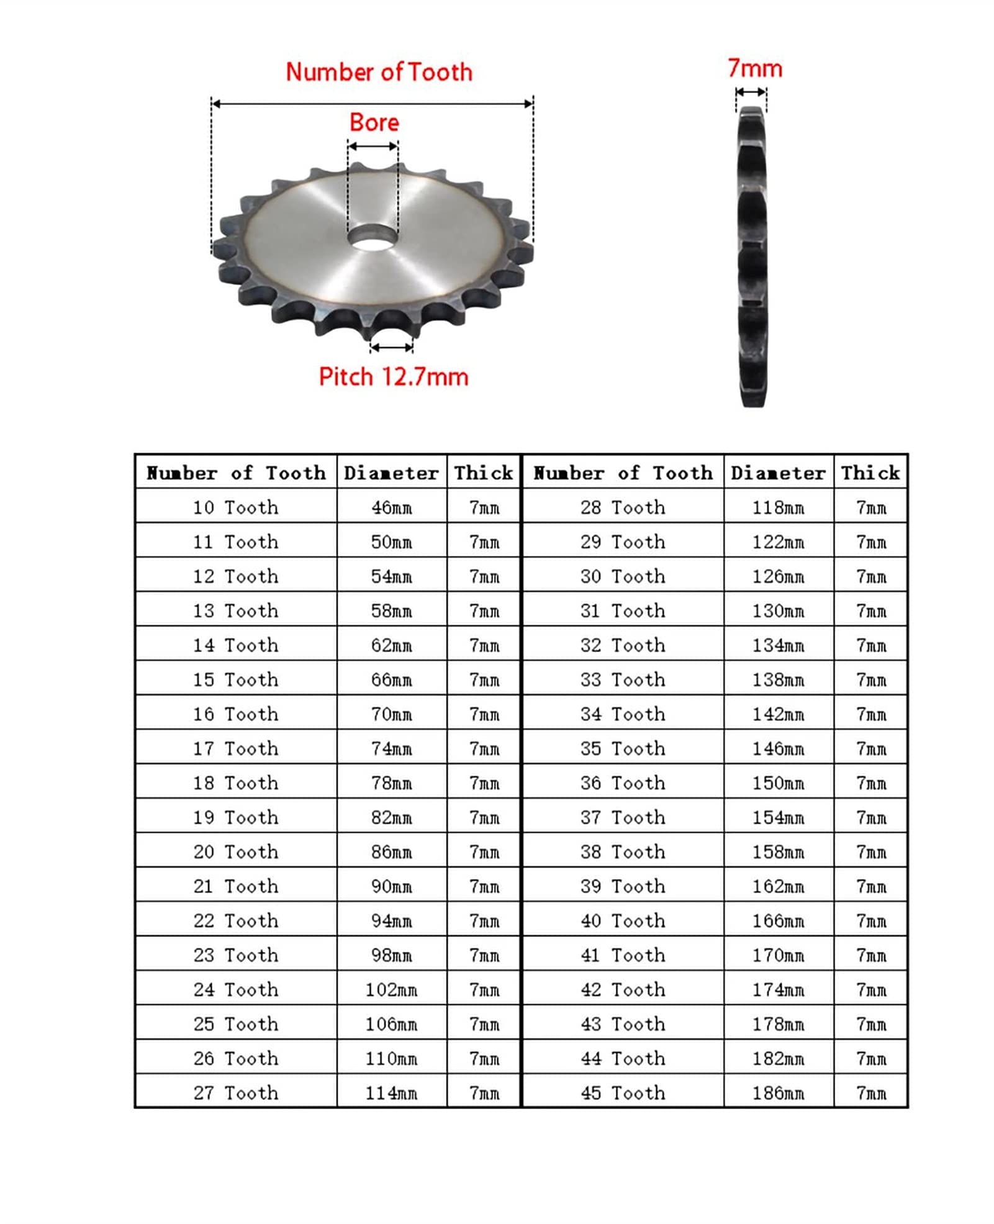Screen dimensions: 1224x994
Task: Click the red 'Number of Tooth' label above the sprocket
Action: pyautogui.click(x=379, y=72)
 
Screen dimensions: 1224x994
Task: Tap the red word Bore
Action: pyautogui.click(x=374, y=122)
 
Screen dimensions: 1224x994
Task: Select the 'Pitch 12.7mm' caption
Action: pyautogui.click(x=393, y=377)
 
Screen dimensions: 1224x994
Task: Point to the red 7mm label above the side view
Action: pyautogui.click(x=754, y=68)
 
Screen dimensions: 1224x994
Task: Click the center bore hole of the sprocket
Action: pyautogui.click(x=373, y=237)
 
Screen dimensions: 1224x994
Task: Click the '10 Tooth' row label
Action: pyautogui.click(x=235, y=507)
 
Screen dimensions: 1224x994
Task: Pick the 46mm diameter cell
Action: pyautogui.click(x=391, y=507)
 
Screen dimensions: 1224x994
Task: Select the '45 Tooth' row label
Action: pyautogui.click(x=623, y=1092)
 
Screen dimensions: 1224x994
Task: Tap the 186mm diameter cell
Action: pyautogui.click(x=778, y=1092)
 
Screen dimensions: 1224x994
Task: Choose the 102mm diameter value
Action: pyautogui.click(x=391, y=989)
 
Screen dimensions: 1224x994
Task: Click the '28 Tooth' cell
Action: pyautogui.click(x=623, y=507)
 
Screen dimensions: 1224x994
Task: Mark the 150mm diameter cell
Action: pyautogui.click(x=778, y=782)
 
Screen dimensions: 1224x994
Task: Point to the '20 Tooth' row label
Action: pyautogui.click(x=235, y=851)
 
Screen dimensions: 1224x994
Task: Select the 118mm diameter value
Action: pyautogui.click(x=778, y=507)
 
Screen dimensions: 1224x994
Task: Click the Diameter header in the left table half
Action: pyautogui.click(x=391, y=473)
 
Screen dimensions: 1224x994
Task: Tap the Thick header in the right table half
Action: pyautogui.click(x=870, y=473)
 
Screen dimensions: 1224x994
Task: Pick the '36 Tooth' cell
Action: pyautogui.click(x=623, y=782)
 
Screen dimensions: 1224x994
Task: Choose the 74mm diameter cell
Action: pyautogui.click(x=391, y=748)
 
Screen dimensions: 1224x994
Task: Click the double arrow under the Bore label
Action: pyautogui.click(x=373, y=147)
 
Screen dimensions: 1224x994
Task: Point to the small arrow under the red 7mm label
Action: pyautogui.click(x=751, y=92)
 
